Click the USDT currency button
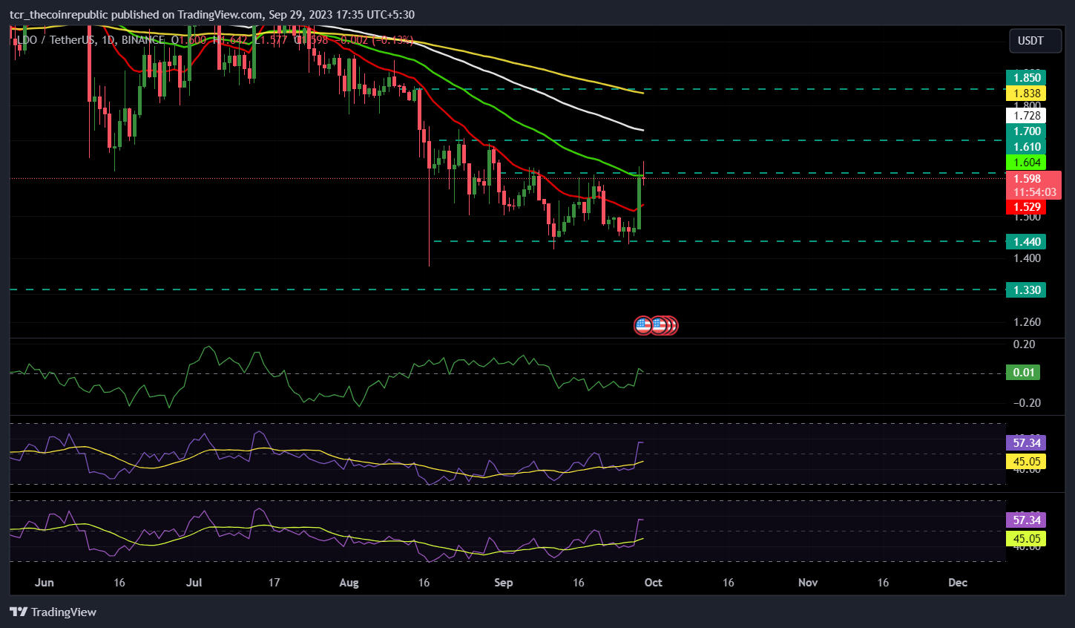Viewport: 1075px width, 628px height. coord(1030,41)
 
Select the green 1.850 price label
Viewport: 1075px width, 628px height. coord(1027,78)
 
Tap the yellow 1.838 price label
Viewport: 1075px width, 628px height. coord(1027,94)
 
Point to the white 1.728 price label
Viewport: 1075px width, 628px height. coord(1027,116)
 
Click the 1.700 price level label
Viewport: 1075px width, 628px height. coord(1027,131)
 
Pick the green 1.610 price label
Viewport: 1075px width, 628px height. coord(1027,147)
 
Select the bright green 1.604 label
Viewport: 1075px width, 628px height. coord(1027,163)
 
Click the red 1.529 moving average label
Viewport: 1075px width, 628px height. coord(1027,207)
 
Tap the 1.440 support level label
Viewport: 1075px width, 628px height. coord(1027,241)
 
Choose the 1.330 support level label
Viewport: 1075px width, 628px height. coord(1027,290)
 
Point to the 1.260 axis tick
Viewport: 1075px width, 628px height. coord(1027,322)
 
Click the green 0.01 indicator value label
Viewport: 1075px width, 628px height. coord(1024,373)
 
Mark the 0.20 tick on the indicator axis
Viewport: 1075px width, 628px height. coord(1024,344)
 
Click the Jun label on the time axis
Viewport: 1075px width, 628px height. coord(44,583)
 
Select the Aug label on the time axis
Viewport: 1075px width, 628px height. coord(349,583)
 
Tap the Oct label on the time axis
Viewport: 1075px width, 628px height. coord(653,583)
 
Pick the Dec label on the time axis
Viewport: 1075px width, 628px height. coord(958,583)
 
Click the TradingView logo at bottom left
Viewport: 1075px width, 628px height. coord(53,612)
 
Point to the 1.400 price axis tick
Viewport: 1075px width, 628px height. coord(1027,258)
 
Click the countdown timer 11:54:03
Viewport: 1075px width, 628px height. coord(1035,192)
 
